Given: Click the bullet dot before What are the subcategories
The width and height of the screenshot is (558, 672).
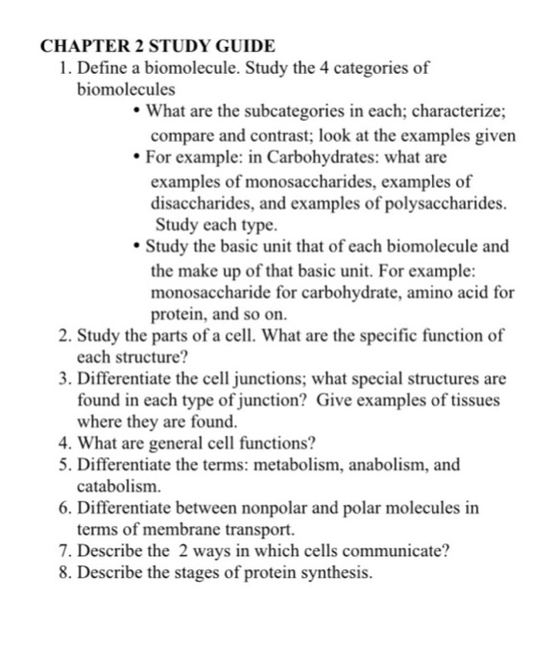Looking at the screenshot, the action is pos(139,111).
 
